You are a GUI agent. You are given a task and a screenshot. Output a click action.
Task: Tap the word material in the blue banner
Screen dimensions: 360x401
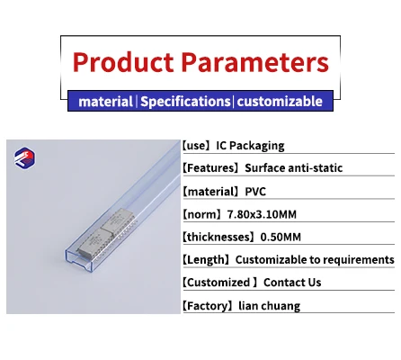(x=105, y=101)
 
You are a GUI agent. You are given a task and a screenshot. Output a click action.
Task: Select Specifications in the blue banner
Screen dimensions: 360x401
(x=185, y=101)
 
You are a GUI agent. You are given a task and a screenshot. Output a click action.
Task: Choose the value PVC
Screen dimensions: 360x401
(x=258, y=190)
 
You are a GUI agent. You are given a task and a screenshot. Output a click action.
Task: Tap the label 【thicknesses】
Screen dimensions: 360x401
(x=220, y=237)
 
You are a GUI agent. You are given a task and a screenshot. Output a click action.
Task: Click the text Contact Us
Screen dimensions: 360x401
(x=289, y=283)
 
